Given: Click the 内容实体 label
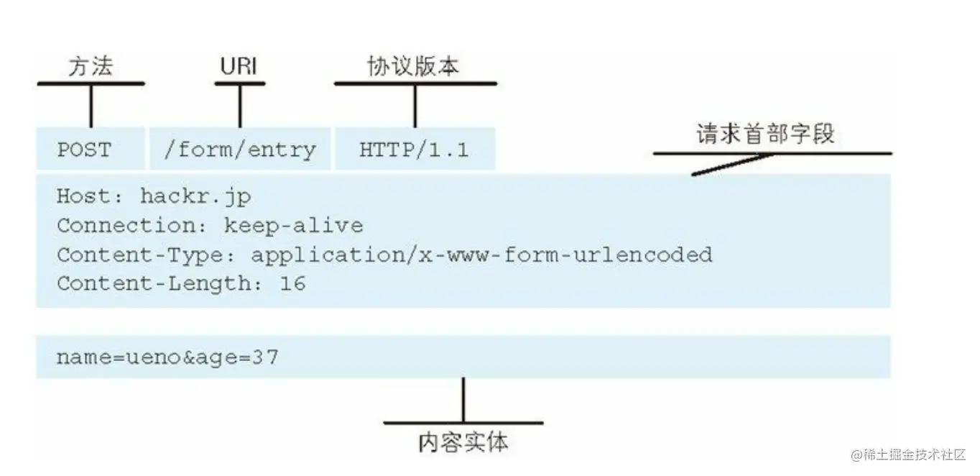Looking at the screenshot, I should [x=463, y=441].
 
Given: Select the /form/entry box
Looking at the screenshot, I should [x=239, y=150].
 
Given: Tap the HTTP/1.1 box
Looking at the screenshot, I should [x=415, y=150].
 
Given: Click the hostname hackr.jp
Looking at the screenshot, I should [x=195, y=196].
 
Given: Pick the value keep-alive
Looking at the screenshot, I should [x=293, y=226].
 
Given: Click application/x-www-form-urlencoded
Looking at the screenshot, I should [x=481, y=255].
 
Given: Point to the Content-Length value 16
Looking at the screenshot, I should [x=292, y=283].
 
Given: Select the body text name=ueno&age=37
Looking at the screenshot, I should [x=167, y=357].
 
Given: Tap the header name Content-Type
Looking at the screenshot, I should [x=143, y=255].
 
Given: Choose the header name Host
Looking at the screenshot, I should [x=80, y=196].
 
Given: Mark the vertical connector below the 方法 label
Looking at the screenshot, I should [x=91, y=106].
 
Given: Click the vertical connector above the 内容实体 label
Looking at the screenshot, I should [x=463, y=400].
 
